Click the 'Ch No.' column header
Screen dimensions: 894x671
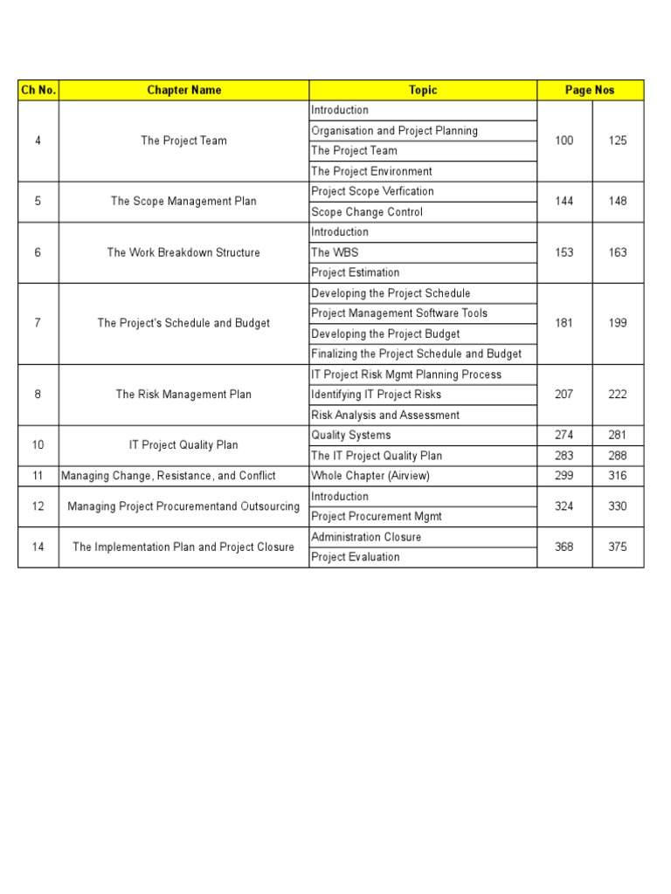tap(38, 90)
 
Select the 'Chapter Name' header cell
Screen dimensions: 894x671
tap(183, 90)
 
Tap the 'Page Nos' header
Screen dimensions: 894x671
tap(590, 90)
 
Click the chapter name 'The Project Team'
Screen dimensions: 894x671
tap(183, 141)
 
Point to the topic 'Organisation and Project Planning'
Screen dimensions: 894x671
tap(394, 131)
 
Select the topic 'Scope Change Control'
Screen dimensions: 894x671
tap(367, 212)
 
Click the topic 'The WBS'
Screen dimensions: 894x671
tap(335, 252)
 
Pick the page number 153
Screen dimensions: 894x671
tap(564, 252)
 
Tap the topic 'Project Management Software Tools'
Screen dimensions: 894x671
tap(399, 313)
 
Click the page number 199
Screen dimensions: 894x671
tap(618, 323)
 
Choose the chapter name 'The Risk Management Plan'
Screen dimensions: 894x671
tap(183, 395)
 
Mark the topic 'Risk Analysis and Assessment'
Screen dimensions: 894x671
tap(385, 416)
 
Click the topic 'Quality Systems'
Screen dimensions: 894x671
tap(351, 436)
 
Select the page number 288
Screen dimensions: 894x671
tap(618, 456)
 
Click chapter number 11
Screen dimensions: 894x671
tap(38, 476)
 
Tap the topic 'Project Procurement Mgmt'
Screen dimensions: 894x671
tap(377, 517)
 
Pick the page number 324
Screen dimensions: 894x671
tap(564, 506)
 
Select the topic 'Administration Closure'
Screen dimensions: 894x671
tap(366, 537)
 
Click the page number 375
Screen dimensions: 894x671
tap(618, 547)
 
